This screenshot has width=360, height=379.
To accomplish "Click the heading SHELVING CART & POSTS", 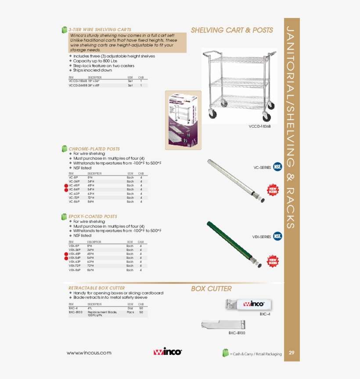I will pos(232,30).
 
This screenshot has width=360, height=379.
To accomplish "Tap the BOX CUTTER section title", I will pos(211,289).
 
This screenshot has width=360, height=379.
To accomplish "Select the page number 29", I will pos(292,353).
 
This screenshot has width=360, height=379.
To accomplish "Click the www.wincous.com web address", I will pos(89,353).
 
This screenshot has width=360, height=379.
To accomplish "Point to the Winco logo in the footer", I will pos(167,352).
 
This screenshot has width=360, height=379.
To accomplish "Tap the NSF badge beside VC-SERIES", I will pos(277,167).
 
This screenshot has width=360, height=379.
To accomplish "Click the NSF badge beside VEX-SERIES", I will pos(277,236).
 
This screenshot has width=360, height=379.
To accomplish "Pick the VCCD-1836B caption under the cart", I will pos(260,126).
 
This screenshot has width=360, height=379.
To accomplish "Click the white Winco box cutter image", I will pos(248,304).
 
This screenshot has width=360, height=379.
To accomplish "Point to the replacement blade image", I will pos(223,325).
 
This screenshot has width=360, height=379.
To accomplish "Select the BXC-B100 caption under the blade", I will pos(237,333).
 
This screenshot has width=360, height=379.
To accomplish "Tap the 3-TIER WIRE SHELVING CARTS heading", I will pos(100,30).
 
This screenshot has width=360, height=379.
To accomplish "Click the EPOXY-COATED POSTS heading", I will pos(93,217).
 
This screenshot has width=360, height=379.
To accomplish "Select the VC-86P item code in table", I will pos(74,202).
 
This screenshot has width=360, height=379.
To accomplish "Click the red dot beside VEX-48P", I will pos(66,254).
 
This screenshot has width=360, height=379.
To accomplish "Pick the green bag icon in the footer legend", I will pos(225,353).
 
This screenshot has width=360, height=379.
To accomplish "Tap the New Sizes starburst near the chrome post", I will pos(273,190).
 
